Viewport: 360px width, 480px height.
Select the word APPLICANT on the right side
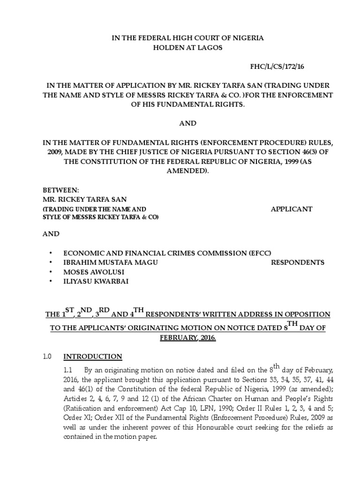tap(292, 209)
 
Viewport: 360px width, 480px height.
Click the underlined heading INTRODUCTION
tap(93, 356)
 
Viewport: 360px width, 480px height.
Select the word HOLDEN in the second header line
tap(172, 47)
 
